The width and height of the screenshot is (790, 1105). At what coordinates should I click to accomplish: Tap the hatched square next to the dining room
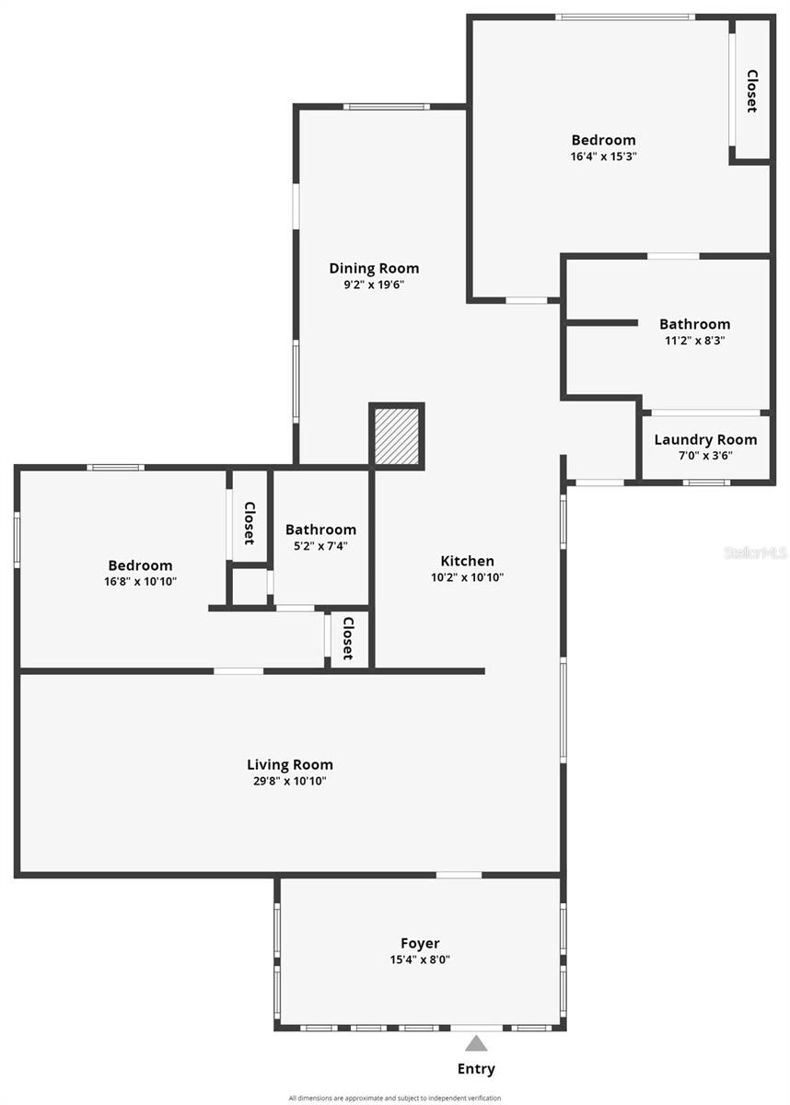click(397, 436)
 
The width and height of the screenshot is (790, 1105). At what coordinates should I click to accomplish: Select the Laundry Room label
click(705, 439)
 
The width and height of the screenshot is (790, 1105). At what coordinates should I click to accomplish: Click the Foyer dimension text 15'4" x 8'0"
click(420, 960)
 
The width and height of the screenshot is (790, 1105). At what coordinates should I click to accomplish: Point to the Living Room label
click(290, 764)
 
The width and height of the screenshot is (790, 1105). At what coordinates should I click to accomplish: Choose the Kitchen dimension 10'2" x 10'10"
click(468, 577)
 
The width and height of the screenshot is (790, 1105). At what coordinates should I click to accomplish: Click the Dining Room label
click(375, 268)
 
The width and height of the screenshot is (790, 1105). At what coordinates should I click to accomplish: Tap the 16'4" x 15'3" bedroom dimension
click(604, 157)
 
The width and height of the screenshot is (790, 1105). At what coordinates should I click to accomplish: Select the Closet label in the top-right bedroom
click(752, 91)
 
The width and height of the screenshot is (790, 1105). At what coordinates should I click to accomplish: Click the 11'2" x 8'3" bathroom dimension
click(695, 341)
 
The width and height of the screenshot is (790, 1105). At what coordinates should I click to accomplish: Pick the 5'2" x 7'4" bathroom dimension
click(321, 546)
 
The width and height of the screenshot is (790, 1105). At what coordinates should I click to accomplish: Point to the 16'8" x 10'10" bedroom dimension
click(141, 582)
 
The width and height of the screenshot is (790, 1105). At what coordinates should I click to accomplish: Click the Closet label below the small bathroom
click(348, 638)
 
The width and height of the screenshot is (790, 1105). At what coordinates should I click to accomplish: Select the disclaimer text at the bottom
click(395, 1098)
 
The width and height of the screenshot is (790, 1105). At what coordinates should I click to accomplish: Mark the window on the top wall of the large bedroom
click(625, 17)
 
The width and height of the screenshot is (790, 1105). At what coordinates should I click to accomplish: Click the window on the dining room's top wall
click(387, 107)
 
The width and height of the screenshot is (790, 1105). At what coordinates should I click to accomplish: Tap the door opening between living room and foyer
click(459, 875)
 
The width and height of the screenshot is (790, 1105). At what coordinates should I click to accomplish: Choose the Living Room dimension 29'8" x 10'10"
click(290, 781)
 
